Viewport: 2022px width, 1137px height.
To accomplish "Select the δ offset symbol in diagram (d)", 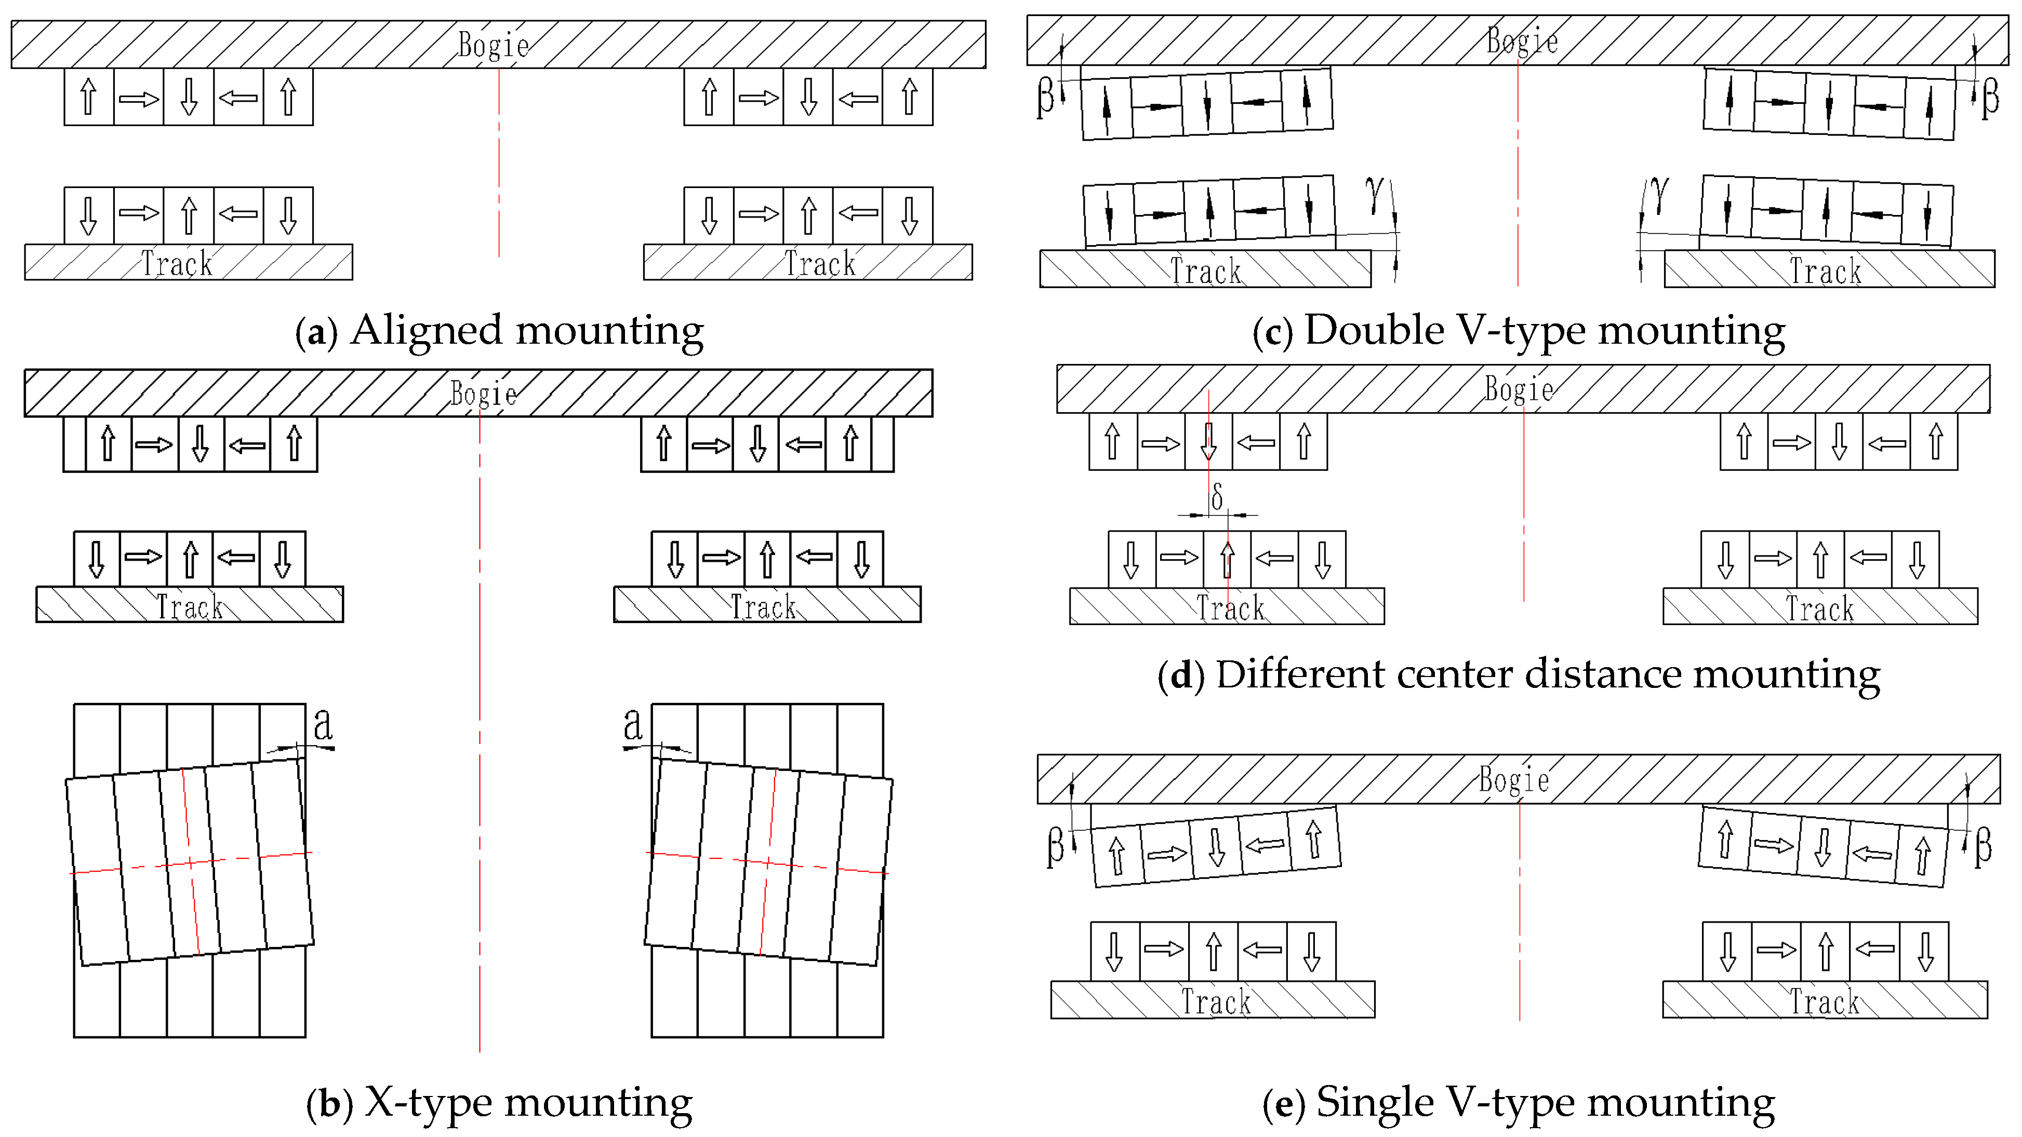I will click(1217, 497).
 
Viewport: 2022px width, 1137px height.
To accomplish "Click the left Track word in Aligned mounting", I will click(177, 264).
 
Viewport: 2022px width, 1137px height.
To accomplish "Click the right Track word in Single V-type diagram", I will click(1824, 1002).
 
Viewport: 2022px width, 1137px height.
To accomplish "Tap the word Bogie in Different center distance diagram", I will click(1519, 390).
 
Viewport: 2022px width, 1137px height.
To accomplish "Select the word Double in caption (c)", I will click(1374, 330).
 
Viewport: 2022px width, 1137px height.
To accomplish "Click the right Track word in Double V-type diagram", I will click(1825, 272).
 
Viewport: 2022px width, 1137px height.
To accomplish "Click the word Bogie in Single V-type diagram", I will click(1513, 780).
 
